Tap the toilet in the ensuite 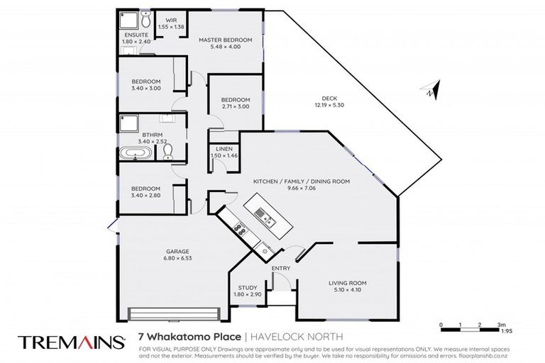(x=145, y=18)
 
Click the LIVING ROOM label (x=347, y=283)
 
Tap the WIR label (x=170, y=20)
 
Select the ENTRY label (x=281, y=269)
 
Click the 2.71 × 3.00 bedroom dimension (x=235, y=106)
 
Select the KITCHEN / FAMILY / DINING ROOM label (x=302, y=181)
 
